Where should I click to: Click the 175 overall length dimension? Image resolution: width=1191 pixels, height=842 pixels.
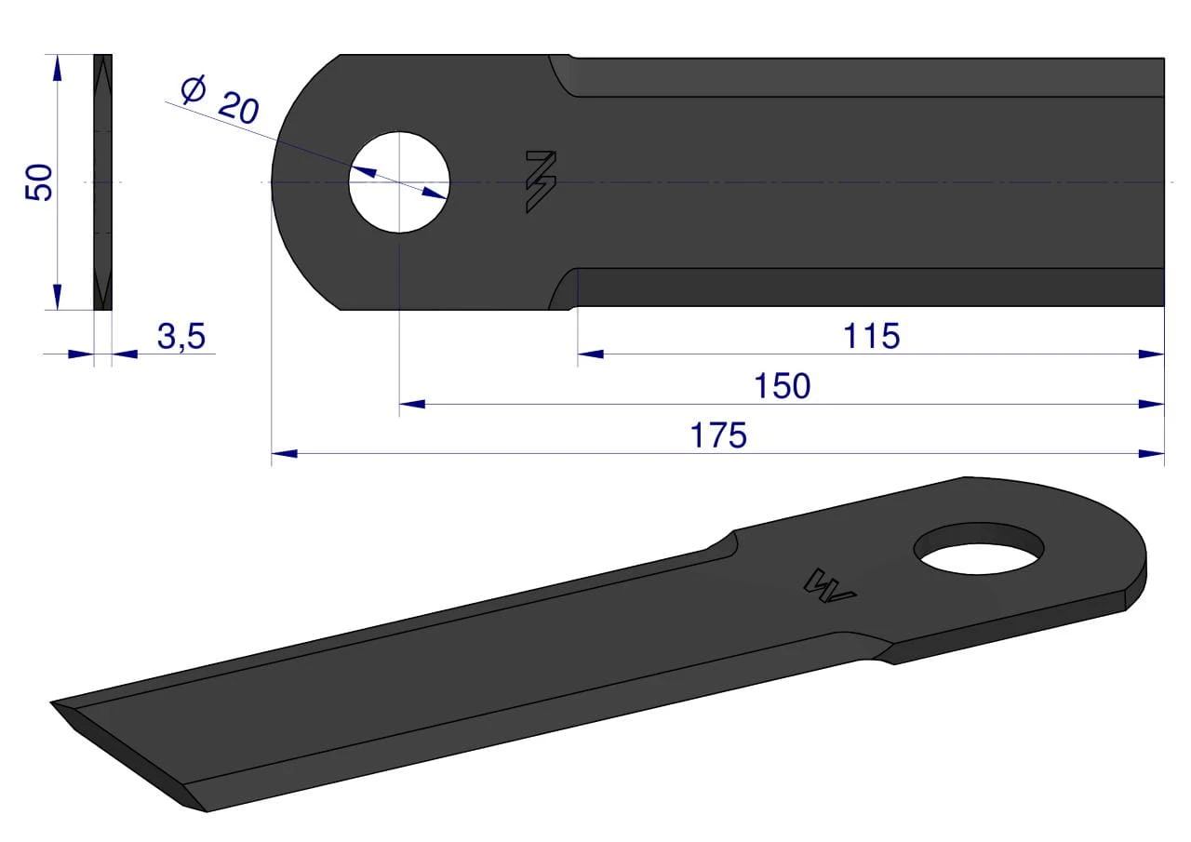pos(718,435)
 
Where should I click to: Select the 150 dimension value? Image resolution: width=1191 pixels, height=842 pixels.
pos(783,386)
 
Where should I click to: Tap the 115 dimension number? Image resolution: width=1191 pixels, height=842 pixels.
pos(872,336)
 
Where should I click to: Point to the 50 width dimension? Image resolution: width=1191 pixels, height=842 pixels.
pos(39,182)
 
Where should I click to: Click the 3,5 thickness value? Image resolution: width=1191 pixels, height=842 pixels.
pos(181,336)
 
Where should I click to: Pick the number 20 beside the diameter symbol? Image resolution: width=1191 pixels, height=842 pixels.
pos(239,108)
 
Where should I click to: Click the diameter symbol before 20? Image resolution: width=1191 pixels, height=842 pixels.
pos(194,88)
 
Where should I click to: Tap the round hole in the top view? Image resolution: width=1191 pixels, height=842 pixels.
pos(399,182)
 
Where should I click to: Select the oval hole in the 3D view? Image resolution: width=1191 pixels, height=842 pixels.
pos(978,548)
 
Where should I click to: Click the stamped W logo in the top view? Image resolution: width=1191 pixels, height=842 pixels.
pos(541,181)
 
